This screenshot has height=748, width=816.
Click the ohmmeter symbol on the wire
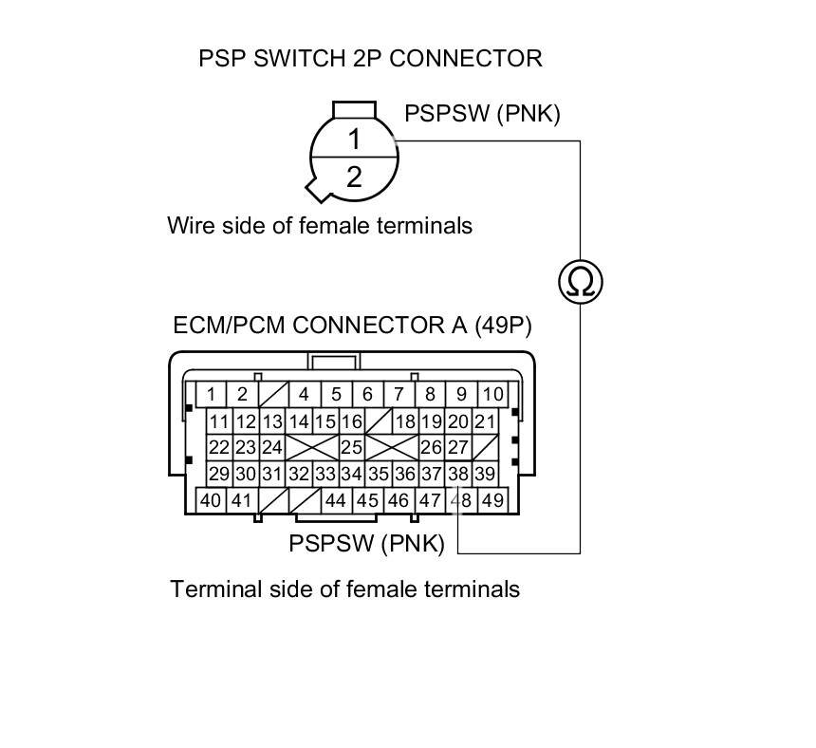(580, 282)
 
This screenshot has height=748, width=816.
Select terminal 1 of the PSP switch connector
(354, 140)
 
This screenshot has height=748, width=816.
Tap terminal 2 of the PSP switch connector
(354, 176)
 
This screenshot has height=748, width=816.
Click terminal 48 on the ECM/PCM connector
(460, 500)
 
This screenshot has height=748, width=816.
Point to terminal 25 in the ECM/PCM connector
(352, 447)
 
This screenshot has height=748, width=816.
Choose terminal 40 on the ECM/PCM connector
(211, 500)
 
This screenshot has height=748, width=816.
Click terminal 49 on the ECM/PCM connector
(491, 500)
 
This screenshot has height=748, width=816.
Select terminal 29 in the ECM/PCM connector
(219, 474)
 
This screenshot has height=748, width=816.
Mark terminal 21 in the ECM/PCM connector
(485, 421)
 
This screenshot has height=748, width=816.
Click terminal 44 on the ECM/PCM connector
(335, 500)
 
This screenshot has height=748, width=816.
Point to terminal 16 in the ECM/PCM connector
(352, 421)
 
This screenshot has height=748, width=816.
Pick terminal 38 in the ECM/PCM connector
(458, 474)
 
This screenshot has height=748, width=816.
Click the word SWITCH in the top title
(292, 58)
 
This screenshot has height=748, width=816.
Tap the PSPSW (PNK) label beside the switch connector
(482, 114)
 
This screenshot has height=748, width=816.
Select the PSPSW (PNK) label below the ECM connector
(366, 544)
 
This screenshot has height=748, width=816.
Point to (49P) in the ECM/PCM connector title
(502, 326)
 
